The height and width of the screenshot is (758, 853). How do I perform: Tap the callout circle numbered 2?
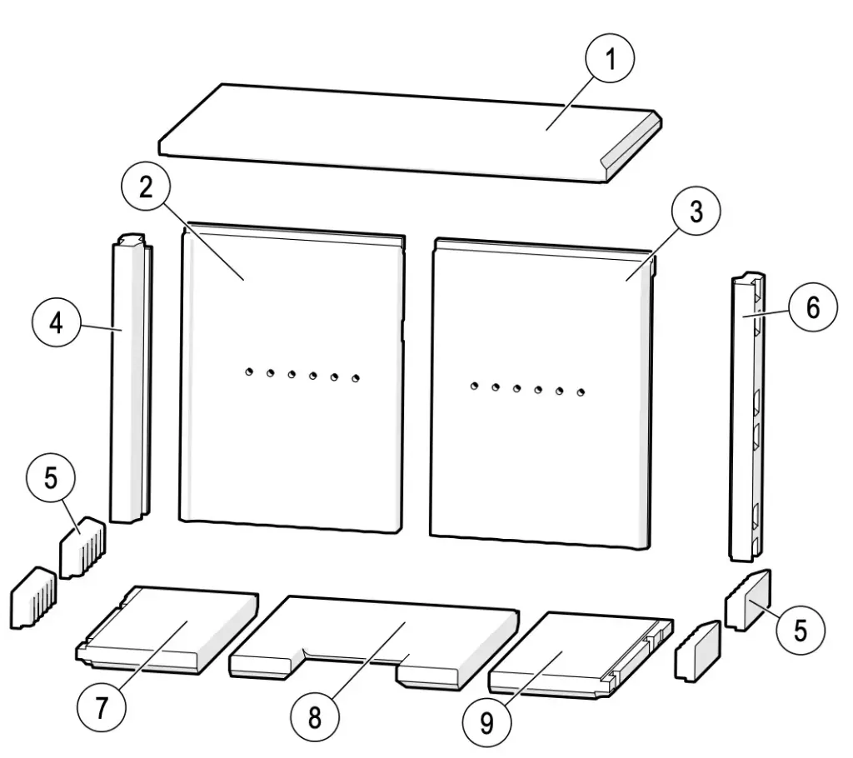(147, 187)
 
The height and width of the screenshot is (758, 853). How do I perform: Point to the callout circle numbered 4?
(56, 323)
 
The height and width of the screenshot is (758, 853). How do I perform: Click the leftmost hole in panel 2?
(248, 372)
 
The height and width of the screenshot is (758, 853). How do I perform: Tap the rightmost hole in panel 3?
(581, 391)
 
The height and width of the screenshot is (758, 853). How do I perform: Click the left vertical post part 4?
(129, 383)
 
